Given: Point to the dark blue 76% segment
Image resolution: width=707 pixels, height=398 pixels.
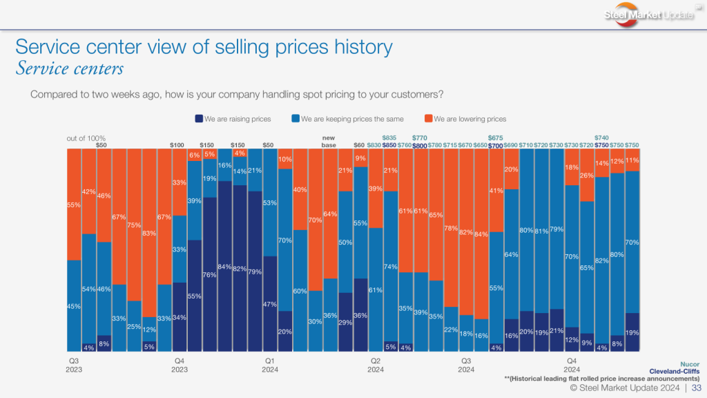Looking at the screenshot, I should (210, 274).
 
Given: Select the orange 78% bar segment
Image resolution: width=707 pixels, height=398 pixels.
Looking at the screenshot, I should (451, 228).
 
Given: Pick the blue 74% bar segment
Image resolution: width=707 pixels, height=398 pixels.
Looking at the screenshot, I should (390, 266).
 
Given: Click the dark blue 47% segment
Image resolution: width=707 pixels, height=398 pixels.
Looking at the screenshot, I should (270, 304).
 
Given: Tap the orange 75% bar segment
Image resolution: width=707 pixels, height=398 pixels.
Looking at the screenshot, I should (134, 225).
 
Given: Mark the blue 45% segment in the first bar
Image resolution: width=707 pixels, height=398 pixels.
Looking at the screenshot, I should (74, 305).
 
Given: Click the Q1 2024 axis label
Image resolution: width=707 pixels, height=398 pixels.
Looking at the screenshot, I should (270, 365).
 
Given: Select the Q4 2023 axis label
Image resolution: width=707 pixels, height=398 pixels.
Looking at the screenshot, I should (180, 365).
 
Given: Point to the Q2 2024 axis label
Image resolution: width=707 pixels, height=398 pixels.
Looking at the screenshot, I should (375, 365).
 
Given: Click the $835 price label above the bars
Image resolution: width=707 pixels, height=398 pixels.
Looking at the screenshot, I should (389, 138).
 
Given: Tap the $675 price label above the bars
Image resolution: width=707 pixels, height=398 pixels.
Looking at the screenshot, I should (495, 138).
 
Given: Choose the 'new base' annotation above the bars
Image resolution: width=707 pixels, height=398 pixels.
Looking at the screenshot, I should (329, 141).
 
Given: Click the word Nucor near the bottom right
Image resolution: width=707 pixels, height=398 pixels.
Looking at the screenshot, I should (688, 363).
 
